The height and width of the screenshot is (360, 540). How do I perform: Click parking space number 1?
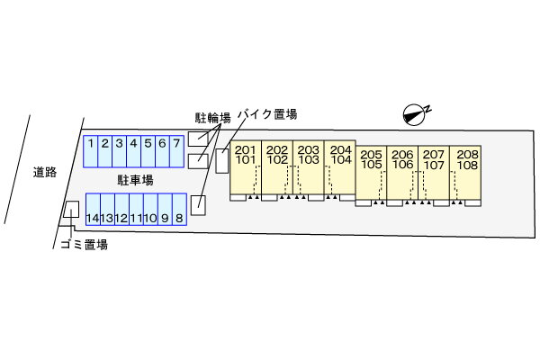click(91, 151)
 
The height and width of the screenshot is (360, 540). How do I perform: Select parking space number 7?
click(176, 151)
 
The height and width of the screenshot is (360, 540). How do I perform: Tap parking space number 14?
click(93, 210)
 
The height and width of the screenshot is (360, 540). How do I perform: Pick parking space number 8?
click(179, 210)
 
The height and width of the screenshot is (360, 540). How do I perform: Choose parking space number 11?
click(137, 210)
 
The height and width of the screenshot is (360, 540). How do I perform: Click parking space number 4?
click(133, 151)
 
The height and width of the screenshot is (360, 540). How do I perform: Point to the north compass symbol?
click(416, 114)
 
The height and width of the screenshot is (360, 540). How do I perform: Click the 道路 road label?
click(45, 172)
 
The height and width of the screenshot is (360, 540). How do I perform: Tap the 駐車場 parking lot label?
click(135, 180)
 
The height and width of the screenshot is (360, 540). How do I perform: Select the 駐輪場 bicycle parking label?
click(212, 118)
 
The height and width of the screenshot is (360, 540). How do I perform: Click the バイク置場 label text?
click(267, 114)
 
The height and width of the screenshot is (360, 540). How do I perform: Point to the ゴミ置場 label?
click(84, 245)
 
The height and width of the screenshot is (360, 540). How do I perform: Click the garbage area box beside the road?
click(71, 209)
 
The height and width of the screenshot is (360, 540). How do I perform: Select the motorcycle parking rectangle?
click(222, 161)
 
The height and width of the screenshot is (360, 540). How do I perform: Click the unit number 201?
click(245, 150)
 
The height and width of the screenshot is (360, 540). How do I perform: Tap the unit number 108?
click(467, 165)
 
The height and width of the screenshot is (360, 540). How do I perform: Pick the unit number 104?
click(341, 160)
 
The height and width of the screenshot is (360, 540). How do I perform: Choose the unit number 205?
click(371, 155)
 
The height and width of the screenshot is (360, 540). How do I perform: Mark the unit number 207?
click(434, 155)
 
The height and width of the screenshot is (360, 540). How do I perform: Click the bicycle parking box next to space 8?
click(198, 206)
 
